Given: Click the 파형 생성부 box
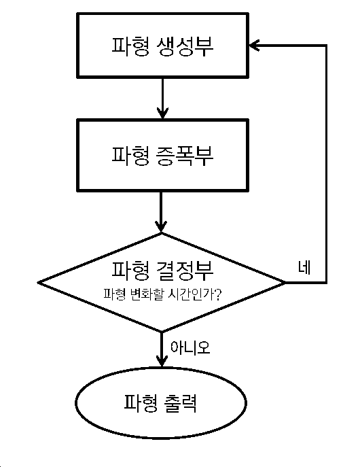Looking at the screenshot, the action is coord(162,46).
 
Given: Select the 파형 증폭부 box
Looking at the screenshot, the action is coord(162,155).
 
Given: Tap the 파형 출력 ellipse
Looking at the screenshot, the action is coord(161,402).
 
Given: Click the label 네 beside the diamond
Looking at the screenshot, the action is coord(304,267).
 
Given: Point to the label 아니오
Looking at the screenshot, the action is coord(190,347).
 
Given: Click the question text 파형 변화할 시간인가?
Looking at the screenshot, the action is coord(162,294).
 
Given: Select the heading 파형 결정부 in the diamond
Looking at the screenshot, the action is coord(162,271).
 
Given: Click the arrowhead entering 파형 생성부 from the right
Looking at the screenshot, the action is coord(254,46).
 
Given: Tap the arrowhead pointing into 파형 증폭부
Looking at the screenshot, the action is coord(162,113).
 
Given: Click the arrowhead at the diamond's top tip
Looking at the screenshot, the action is coord(161,226).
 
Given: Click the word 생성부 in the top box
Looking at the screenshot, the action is coord(185,47).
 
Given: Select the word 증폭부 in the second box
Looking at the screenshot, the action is coord(185,156).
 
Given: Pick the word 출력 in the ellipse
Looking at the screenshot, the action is coord(180,403).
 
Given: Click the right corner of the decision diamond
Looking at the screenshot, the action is coord(285,282).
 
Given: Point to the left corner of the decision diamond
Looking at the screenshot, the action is coord(39,282).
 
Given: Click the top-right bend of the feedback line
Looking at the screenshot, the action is coord(327,46).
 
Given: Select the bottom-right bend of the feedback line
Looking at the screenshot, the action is coord(327,282).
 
